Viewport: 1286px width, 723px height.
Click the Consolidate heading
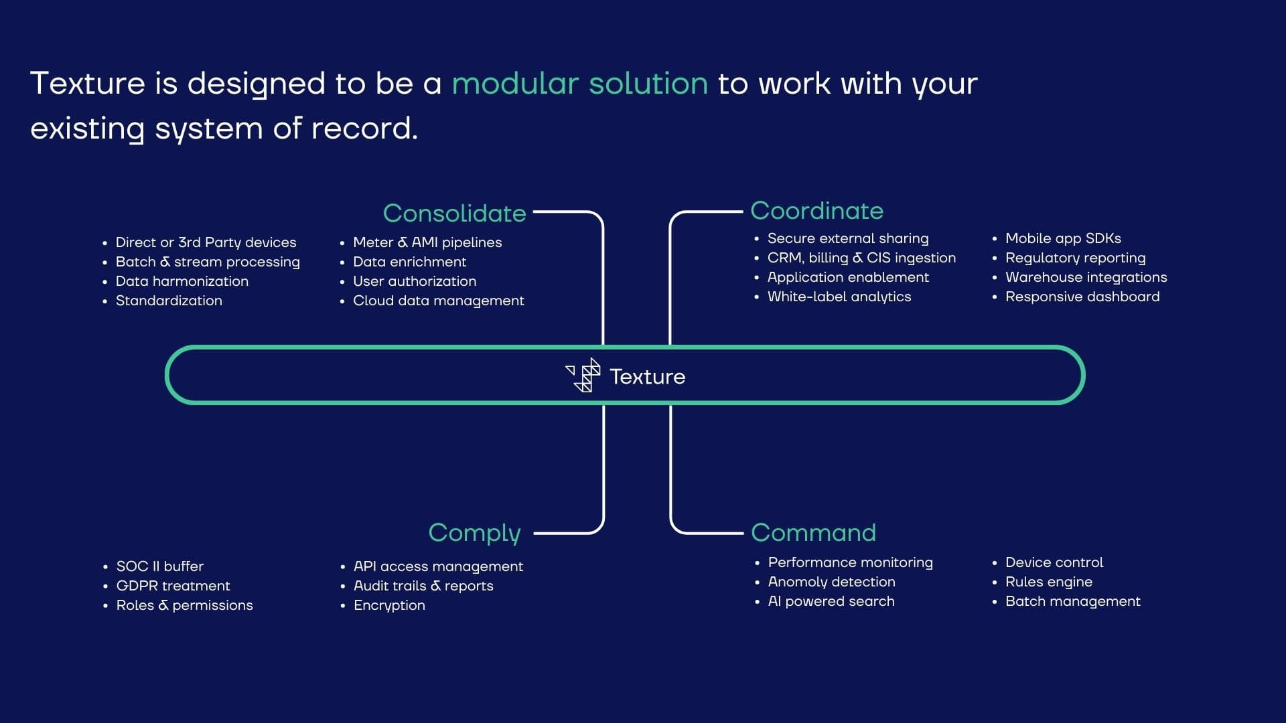click(454, 214)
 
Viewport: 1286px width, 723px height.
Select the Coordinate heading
click(816, 211)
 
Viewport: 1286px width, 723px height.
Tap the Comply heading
click(474, 533)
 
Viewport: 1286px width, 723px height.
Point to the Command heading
click(813, 533)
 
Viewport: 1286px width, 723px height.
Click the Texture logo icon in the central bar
click(584, 375)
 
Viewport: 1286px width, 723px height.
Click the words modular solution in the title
click(579, 84)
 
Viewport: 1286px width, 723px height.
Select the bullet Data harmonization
click(182, 281)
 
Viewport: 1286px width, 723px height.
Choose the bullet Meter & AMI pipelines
click(427, 242)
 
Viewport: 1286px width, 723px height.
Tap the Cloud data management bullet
click(438, 301)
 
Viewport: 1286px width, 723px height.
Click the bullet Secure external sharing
click(847, 238)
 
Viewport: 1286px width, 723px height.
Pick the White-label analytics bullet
click(839, 297)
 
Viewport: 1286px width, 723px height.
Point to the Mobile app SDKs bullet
click(1063, 238)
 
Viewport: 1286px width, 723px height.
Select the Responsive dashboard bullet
click(1082, 297)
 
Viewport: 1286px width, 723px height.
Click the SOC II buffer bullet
click(159, 566)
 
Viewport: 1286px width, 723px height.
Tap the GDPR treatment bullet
click(173, 586)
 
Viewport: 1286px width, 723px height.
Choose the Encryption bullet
click(389, 605)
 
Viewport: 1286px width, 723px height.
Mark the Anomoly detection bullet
click(831, 582)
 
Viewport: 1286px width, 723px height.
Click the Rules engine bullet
click(1048, 582)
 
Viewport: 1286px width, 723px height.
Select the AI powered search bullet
click(831, 601)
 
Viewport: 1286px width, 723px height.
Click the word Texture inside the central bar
click(647, 377)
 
